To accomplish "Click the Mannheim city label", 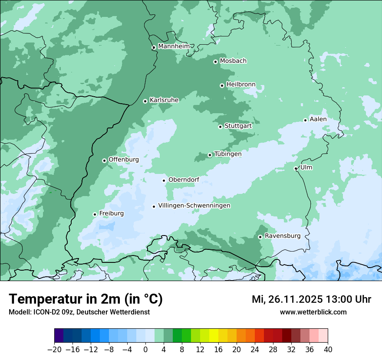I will [x=174, y=46].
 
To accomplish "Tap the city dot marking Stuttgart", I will [x=220, y=127].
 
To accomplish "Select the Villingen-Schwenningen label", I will [x=194, y=206].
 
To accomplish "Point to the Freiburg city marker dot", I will [x=95, y=214].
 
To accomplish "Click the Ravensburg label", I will [x=282, y=236].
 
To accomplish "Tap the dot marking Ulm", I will [x=296, y=168].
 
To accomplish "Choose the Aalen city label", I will [x=318, y=119].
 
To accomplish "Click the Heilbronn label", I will [x=241, y=84].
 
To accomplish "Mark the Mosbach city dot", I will [x=215, y=62].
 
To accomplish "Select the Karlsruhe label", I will [x=164, y=100].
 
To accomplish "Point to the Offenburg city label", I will [x=124, y=160].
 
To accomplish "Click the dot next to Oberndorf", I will [x=164, y=180].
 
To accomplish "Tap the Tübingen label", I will [x=228, y=154].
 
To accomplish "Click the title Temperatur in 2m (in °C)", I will [x=86, y=299].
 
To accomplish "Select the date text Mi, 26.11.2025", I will [x=286, y=299].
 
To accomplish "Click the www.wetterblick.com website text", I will [x=313, y=312].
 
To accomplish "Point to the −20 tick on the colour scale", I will [x=54, y=350].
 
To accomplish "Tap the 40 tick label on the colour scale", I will [x=328, y=350].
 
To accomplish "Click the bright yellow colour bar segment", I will [x=214, y=336].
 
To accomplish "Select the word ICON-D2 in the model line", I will [x=44, y=312].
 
